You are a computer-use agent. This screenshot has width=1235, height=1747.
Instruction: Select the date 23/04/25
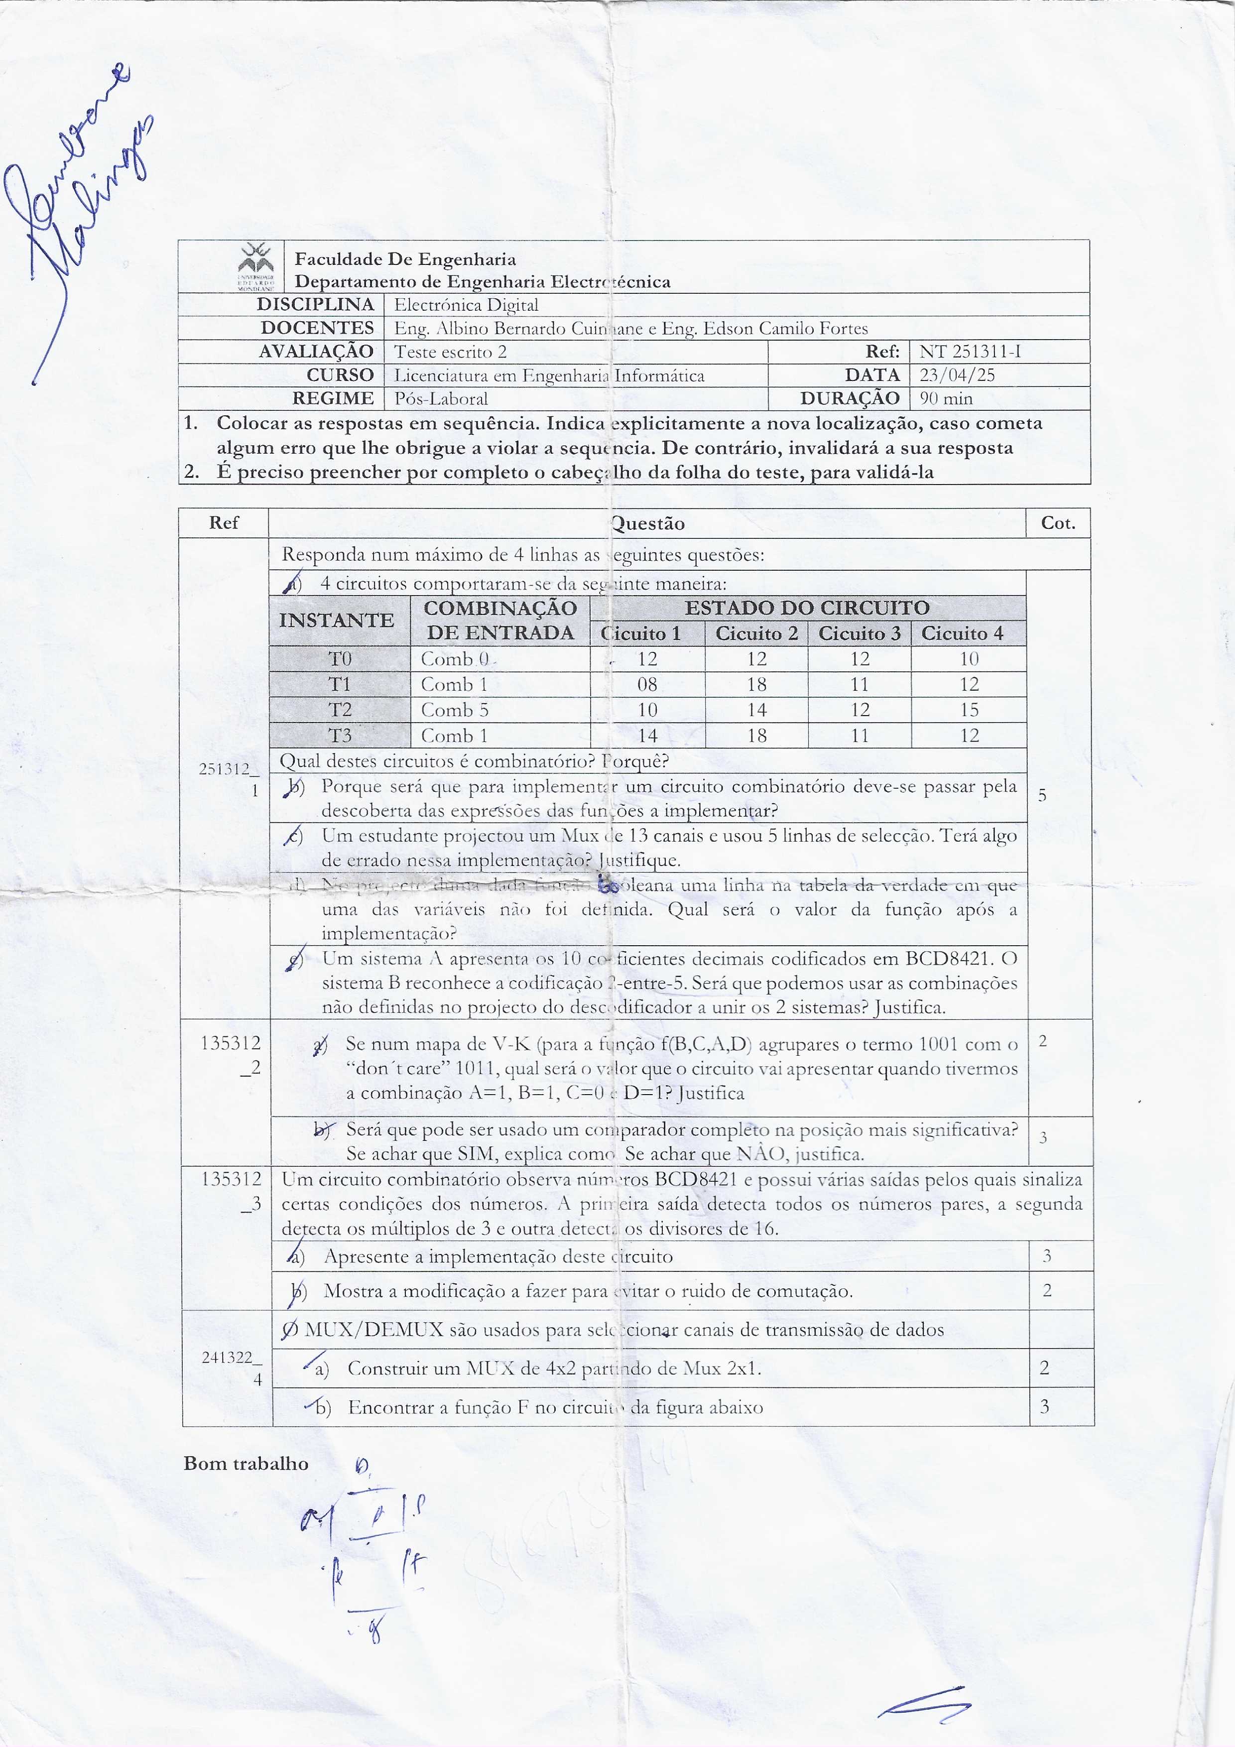(x=957, y=375)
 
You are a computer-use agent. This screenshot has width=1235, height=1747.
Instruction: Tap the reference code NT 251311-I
(x=970, y=352)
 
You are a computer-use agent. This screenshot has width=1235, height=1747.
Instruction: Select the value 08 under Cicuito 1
(x=647, y=684)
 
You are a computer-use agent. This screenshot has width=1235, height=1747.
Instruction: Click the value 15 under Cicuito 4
(x=969, y=710)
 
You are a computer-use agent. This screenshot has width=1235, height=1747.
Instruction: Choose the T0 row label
(x=340, y=658)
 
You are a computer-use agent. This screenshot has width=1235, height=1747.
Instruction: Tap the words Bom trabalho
(x=246, y=1464)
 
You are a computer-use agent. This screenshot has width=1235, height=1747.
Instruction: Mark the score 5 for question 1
(x=1042, y=796)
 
